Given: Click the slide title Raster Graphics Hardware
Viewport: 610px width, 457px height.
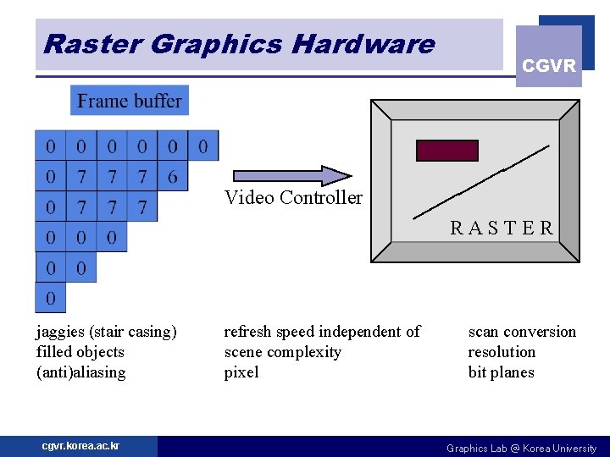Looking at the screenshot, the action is click(x=238, y=44).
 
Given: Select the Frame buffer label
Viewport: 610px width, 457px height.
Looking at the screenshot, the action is click(x=130, y=101).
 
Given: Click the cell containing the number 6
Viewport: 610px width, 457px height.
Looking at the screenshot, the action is click(x=173, y=176).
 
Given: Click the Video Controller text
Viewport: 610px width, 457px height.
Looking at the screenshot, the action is click(x=293, y=198).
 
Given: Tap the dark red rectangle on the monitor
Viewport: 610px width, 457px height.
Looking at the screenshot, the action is click(x=446, y=151).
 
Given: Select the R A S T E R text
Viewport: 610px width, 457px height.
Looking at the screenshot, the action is click(x=502, y=228).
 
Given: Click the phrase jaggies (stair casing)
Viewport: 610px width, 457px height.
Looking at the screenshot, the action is click(x=106, y=332).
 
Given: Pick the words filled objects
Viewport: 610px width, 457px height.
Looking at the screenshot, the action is click(x=80, y=352).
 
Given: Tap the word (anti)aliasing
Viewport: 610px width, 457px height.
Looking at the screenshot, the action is click(x=80, y=372).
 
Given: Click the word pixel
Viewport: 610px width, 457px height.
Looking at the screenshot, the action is click(x=241, y=372).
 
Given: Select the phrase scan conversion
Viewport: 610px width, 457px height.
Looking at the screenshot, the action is click(x=522, y=332).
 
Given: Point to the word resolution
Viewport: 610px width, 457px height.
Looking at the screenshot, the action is click(x=502, y=352).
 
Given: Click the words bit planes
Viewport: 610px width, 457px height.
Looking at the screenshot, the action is click(x=501, y=372).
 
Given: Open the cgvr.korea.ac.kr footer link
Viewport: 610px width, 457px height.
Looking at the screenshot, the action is click(x=80, y=446).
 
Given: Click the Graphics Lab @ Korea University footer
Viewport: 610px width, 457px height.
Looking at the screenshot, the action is click(x=521, y=448).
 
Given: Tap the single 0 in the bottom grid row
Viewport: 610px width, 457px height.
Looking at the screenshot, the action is click(x=50, y=299).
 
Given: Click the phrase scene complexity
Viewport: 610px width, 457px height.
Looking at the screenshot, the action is click(x=282, y=352).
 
